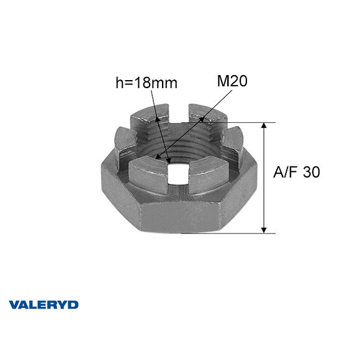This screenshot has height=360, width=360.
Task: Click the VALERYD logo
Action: point(43,305)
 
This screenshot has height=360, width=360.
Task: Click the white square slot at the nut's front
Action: point(179,174)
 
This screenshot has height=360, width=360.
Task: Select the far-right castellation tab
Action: point(231,143)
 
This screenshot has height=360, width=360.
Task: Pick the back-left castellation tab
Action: point(153,117)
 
